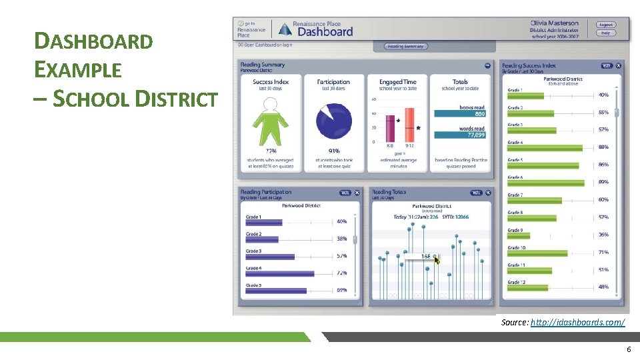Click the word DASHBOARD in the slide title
click(93, 41)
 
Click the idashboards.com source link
click(577, 322)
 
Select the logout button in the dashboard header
click(605, 25)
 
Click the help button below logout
click(605, 33)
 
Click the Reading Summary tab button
click(406, 46)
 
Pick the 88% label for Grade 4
click(603, 147)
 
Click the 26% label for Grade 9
click(603, 235)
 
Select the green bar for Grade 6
click(546, 183)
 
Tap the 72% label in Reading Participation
click(341, 273)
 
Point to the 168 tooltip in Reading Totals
click(425, 256)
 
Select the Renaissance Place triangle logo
click(285, 29)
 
